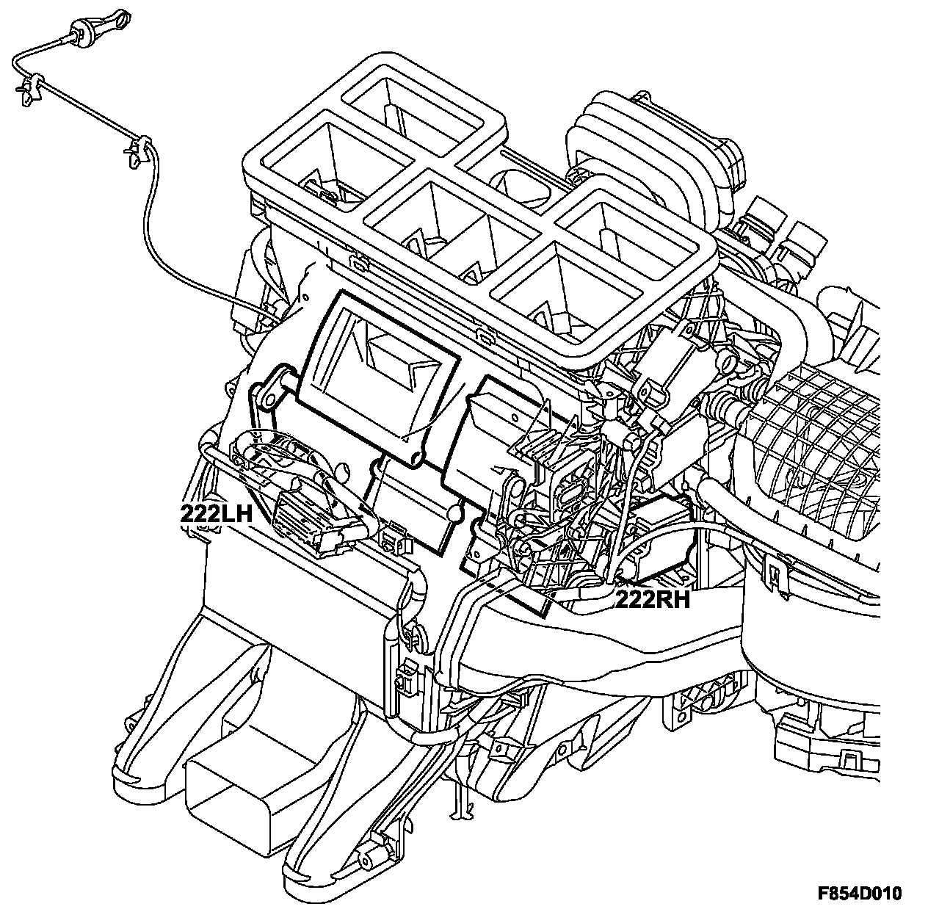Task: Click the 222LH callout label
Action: (217, 513)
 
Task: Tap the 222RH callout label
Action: (652, 599)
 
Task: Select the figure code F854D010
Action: (860, 893)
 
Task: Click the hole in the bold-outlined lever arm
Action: (267, 399)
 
